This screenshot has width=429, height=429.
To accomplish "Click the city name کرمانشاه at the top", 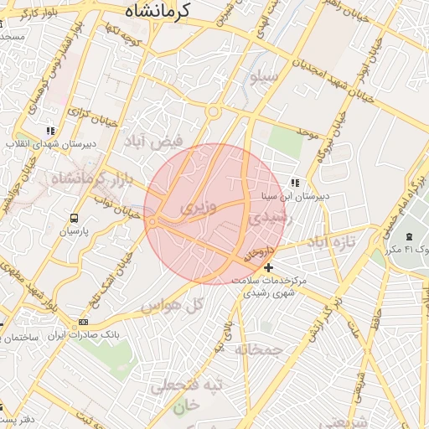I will pyautogui.click(x=159, y=11).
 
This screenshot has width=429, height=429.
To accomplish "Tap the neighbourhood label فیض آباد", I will pyautogui.click(x=154, y=141).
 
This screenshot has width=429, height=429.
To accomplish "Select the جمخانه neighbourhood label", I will pyautogui.click(x=256, y=348).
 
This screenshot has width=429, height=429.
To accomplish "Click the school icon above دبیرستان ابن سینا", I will pyautogui.click(x=294, y=183).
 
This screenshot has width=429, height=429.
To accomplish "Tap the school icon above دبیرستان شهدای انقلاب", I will pyautogui.click(x=51, y=131).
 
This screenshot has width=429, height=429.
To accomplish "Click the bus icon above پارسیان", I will pyautogui.click(x=75, y=217).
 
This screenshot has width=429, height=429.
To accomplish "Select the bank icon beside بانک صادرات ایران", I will pyautogui.click(x=83, y=323).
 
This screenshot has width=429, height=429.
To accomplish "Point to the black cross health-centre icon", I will pyautogui.click(x=268, y=267).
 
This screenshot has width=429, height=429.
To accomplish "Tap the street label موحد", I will pyautogui.click(x=308, y=132).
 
